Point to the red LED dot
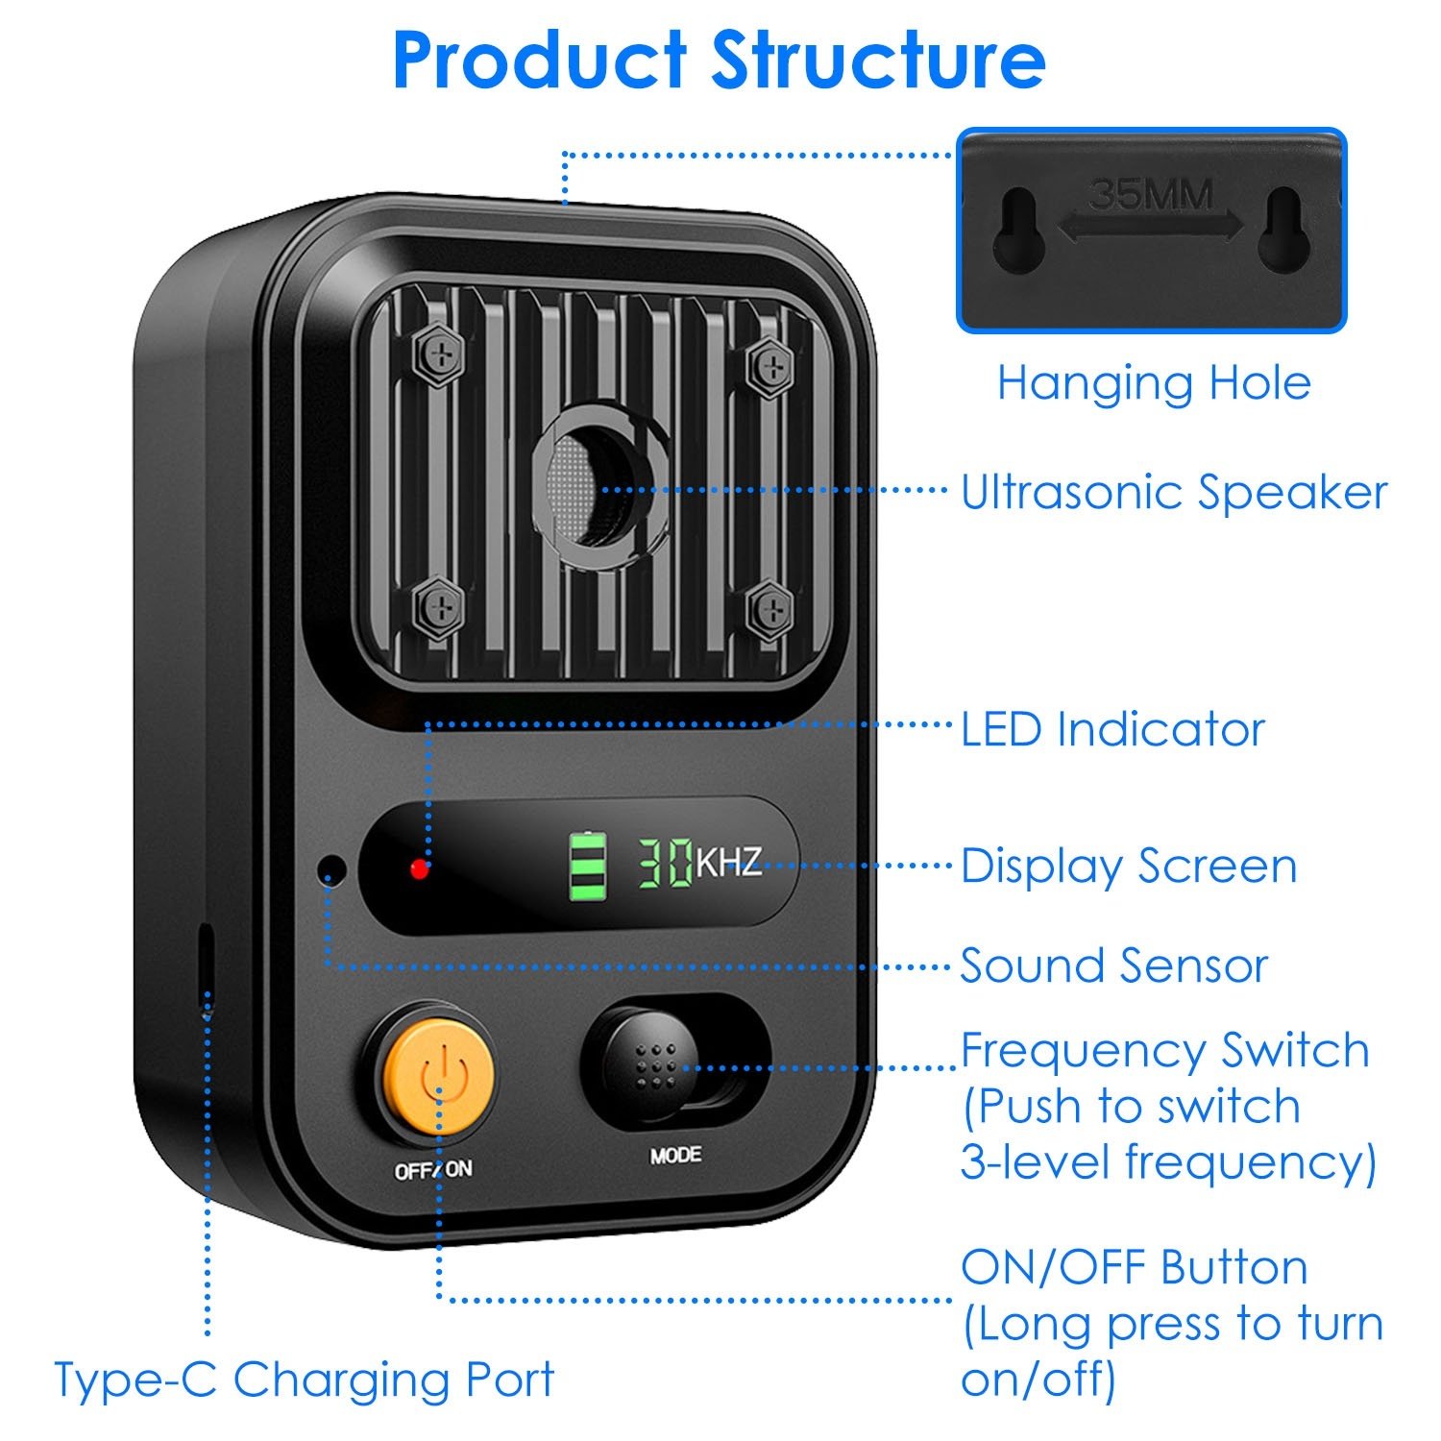[x=419, y=868]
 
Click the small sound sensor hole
[x=331, y=870]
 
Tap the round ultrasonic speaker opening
[x=593, y=485]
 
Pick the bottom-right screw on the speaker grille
[x=769, y=609]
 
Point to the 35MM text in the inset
[x=1151, y=195]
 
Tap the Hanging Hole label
[x=1154, y=383]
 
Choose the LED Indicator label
[x=1112, y=729]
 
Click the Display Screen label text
[x=1129, y=867]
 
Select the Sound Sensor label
[x=1114, y=965]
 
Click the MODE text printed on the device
[x=675, y=1155]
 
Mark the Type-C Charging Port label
[x=304, y=1380]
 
